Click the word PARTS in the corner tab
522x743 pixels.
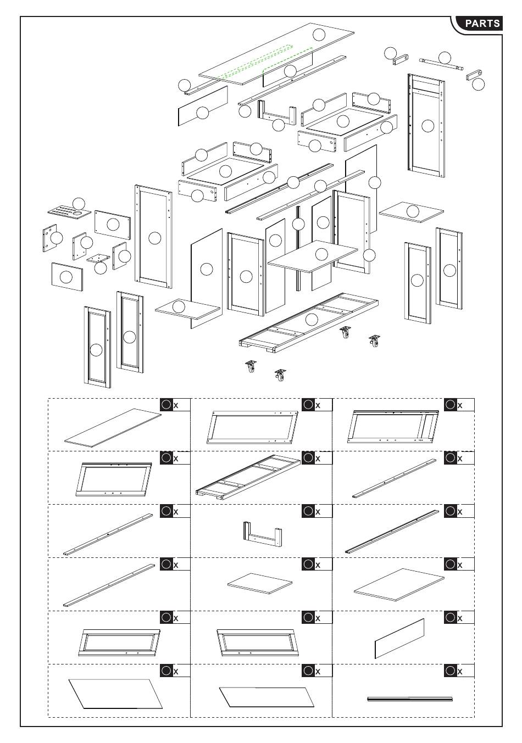482,23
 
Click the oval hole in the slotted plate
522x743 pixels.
77,214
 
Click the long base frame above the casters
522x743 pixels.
309,322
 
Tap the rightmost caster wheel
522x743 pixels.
374,342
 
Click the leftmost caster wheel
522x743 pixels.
251,366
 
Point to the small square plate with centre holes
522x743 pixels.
98,258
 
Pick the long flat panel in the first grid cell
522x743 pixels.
113,428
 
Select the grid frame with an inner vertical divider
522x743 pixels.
393,427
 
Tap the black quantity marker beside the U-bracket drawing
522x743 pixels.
308,511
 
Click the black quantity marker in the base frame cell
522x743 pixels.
308,458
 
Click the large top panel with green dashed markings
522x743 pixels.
276,54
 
